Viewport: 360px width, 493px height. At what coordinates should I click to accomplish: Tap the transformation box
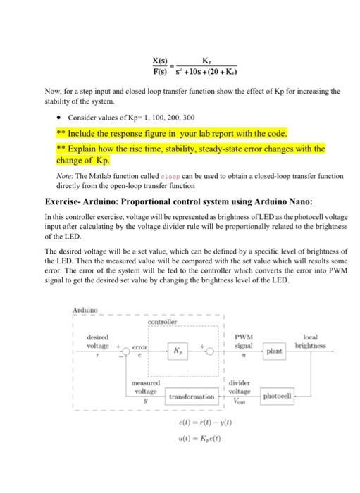[x=192, y=397]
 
